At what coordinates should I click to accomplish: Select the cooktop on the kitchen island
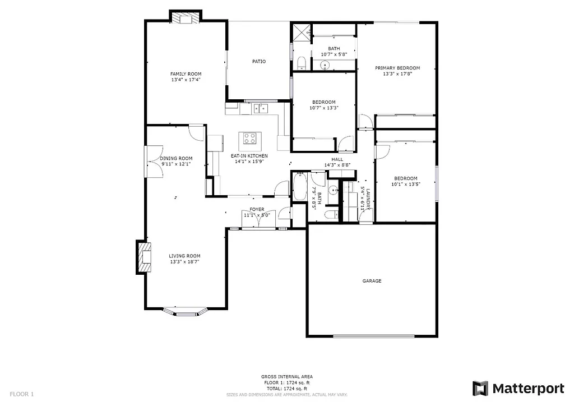(249, 138)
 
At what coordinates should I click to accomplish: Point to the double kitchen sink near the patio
(261, 108)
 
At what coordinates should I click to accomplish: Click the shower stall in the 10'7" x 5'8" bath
(302, 32)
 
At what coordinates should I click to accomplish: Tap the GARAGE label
(372, 281)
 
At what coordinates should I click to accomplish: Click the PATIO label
(258, 61)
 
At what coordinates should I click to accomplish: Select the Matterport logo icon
(480, 388)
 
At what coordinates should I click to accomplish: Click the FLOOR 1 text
(22, 394)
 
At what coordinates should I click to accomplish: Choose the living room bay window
(186, 311)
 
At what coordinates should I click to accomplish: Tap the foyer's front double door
(258, 222)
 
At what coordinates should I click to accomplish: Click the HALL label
(337, 159)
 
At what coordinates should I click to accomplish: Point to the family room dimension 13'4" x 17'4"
(186, 80)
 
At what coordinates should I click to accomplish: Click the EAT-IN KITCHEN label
(249, 155)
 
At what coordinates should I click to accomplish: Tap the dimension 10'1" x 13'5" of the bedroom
(405, 183)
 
